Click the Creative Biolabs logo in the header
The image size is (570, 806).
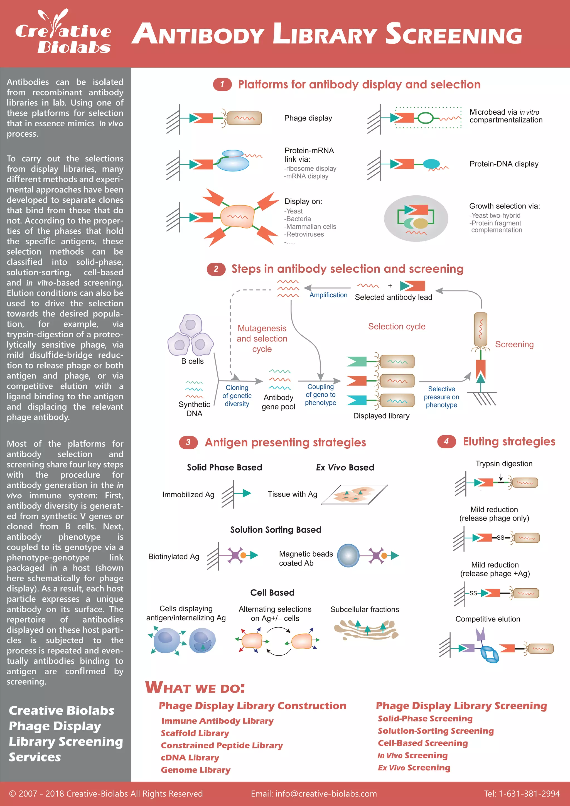pyautogui.click(x=63, y=33)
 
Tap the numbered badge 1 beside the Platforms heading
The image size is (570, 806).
pyautogui.click(x=222, y=84)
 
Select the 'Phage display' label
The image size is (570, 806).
pyautogui.click(x=308, y=118)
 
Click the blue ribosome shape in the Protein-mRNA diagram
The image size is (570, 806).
pyautogui.click(x=232, y=161)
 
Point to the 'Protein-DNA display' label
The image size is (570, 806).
pyautogui.click(x=504, y=164)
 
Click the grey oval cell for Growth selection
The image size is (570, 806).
pyautogui.click(x=416, y=218)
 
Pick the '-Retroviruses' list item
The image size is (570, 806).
pyautogui.click(x=304, y=234)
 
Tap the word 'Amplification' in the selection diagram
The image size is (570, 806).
pyautogui.click(x=328, y=295)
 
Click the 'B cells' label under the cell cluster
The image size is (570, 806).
pyautogui.click(x=192, y=361)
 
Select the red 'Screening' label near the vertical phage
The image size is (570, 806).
pyautogui.click(x=514, y=344)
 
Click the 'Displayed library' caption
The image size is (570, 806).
pyautogui.click(x=381, y=416)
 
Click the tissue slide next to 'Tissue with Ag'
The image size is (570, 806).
pyautogui.click(x=355, y=495)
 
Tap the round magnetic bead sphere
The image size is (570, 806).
pyautogui.click(x=348, y=555)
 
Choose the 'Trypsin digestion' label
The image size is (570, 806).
pyautogui.click(x=504, y=463)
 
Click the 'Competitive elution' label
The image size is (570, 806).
pyautogui.click(x=488, y=619)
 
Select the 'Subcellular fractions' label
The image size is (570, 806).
pyautogui.click(x=364, y=610)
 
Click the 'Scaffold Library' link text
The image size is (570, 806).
pyautogui.click(x=195, y=733)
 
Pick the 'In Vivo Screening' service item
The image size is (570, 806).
pyautogui.click(x=412, y=755)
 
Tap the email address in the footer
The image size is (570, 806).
pyautogui.click(x=314, y=794)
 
